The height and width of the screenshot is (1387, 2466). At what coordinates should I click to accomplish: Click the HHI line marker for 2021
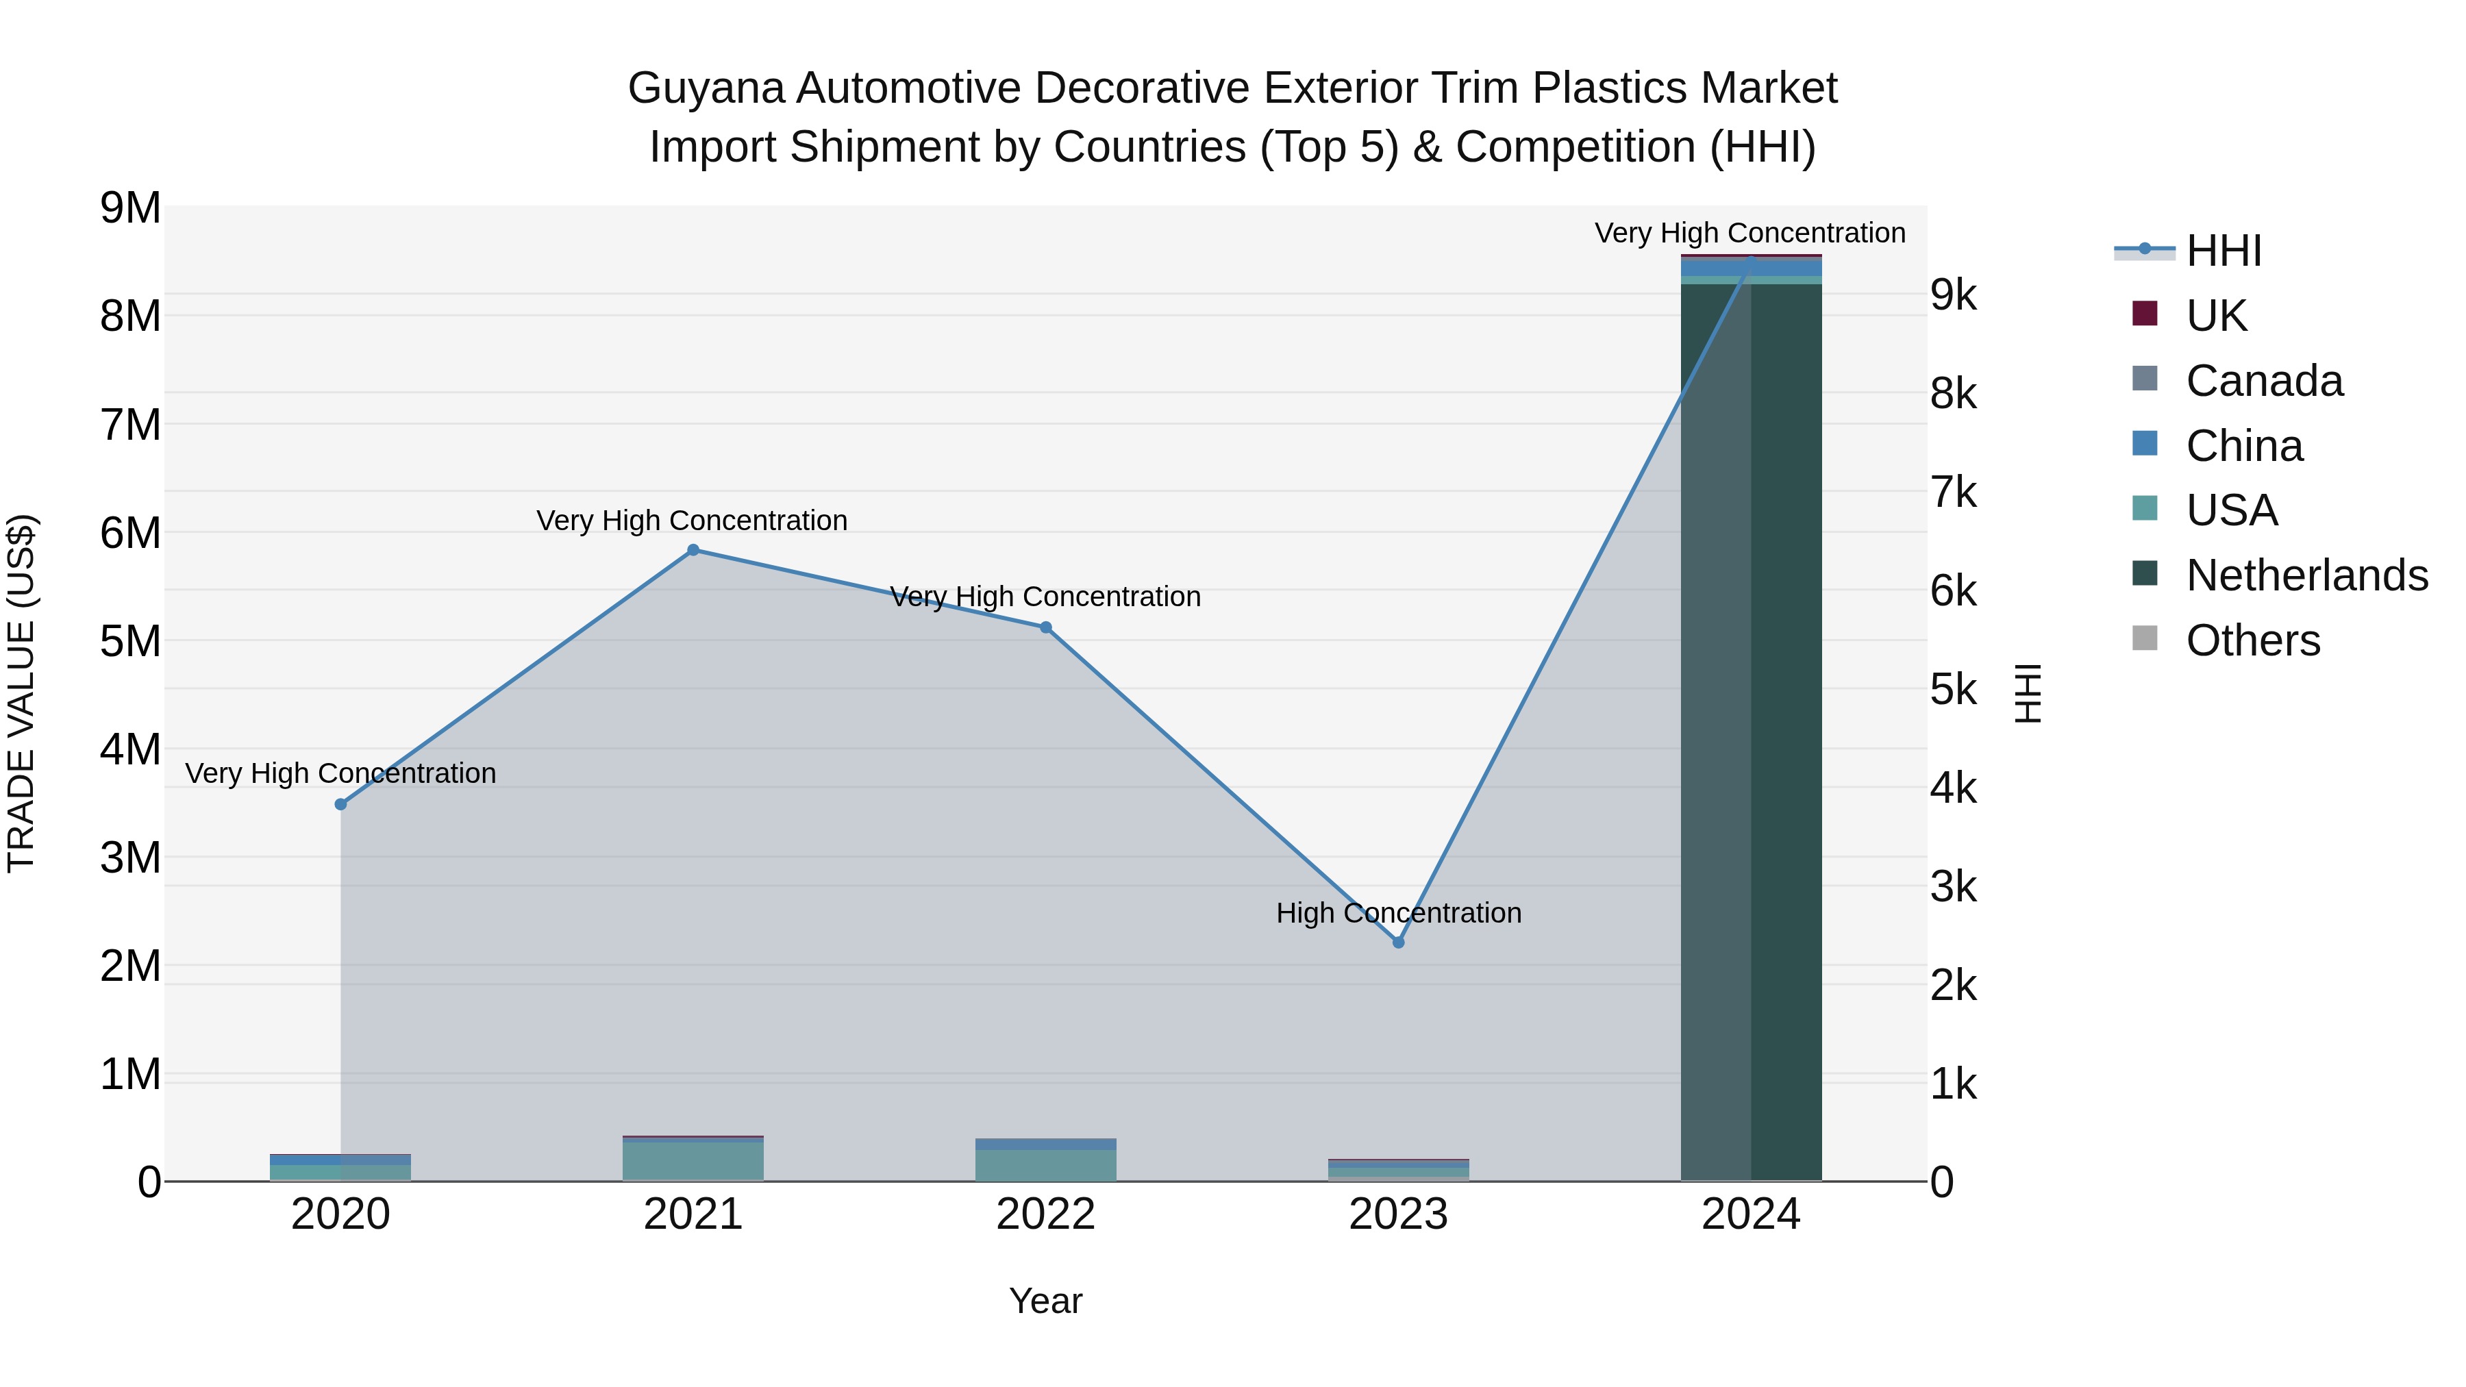693,551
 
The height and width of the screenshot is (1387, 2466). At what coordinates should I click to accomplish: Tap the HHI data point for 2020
341,804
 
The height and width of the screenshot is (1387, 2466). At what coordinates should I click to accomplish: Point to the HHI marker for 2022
1045,628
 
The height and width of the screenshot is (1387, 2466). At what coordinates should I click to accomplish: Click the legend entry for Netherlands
2307,575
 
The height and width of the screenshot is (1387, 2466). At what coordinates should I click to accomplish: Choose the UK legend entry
2215,315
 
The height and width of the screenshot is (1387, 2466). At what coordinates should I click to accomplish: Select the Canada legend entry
2264,380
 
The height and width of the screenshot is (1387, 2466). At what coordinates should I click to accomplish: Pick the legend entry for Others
2252,640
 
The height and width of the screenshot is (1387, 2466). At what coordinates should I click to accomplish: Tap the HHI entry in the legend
2223,251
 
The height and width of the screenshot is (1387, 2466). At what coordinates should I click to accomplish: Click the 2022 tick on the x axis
1045,1214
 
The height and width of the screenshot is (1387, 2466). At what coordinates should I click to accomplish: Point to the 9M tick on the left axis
130,208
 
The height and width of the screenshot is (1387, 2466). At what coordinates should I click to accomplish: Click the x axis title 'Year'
1045,1301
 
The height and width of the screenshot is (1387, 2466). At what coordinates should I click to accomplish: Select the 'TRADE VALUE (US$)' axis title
21,694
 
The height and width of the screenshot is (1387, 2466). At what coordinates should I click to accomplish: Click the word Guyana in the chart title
706,88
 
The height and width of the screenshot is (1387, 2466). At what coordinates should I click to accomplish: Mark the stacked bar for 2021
693,1159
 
